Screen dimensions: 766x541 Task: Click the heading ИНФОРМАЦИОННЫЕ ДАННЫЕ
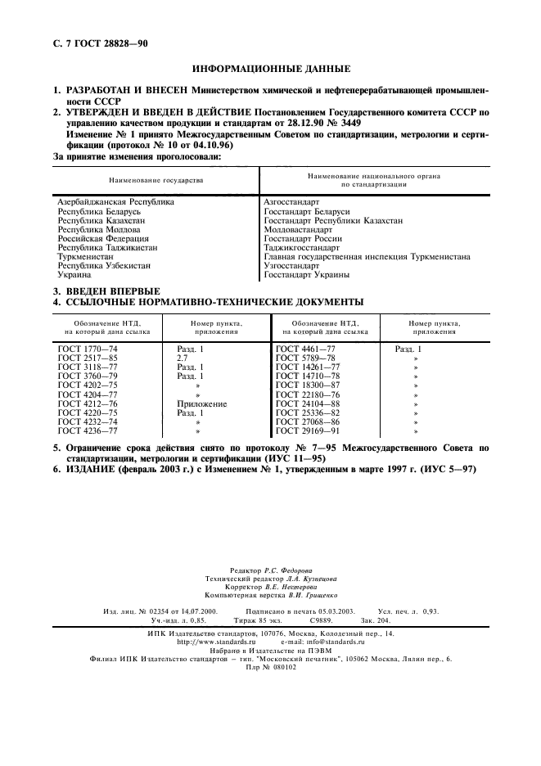(x=270, y=71)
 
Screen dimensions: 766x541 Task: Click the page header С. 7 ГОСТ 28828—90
(x=96, y=43)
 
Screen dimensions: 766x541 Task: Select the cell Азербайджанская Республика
(x=116, y=201)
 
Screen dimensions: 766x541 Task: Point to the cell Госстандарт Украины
(x=307, y=275)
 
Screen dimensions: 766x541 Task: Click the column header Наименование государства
(x=156, y=177)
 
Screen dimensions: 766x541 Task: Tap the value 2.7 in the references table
(x=183, y=358)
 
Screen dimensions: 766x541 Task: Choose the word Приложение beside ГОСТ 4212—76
(x=201, y=403)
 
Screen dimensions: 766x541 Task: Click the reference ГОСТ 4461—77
(x=306, y=349)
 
